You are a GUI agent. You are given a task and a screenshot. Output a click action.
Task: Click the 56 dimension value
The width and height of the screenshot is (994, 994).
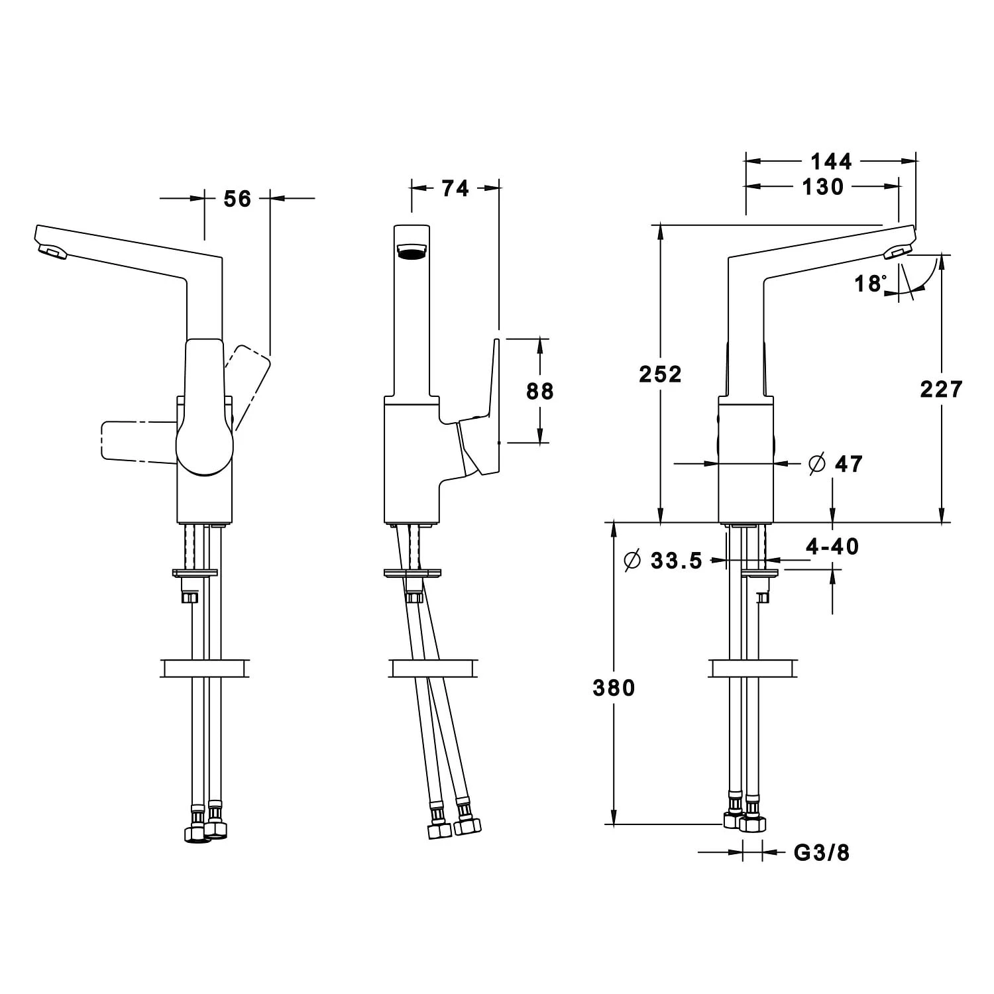(x=237, y=198)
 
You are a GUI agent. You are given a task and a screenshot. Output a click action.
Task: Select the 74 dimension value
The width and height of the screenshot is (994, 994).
(x=455, y=189)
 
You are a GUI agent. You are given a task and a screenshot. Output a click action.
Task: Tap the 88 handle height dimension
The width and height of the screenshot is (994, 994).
(x=539, y=391)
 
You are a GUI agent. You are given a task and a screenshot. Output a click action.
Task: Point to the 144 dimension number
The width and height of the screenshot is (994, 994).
(x=831, y=161)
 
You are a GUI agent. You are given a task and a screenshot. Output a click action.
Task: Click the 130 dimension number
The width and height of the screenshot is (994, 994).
(x=822, y=188)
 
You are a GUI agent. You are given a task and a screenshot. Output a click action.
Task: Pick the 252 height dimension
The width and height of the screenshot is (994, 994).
(x=660, y=374)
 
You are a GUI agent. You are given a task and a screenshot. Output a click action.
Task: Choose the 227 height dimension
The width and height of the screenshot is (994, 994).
(x=941, y=389)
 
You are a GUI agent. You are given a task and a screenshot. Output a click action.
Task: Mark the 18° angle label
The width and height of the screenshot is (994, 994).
(x=869, y=284)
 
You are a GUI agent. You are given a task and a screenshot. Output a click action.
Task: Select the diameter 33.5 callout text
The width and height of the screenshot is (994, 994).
(x=663, y=561)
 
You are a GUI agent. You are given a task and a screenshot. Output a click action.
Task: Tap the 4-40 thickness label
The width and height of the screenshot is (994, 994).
(x=832, y=547)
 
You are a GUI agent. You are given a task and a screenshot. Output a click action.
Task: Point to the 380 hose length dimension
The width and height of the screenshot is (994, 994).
(x=614, y=688)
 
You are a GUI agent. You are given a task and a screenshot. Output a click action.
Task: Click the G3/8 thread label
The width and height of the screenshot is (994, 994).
(x=821, y=853)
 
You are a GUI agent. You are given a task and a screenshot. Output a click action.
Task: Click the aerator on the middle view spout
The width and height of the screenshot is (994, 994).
(x=412, y=250)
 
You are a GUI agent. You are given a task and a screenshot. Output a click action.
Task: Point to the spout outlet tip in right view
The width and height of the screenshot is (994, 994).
(x=898, y=251)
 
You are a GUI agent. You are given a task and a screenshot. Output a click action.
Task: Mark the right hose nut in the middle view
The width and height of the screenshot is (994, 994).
(x=467, y=826)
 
